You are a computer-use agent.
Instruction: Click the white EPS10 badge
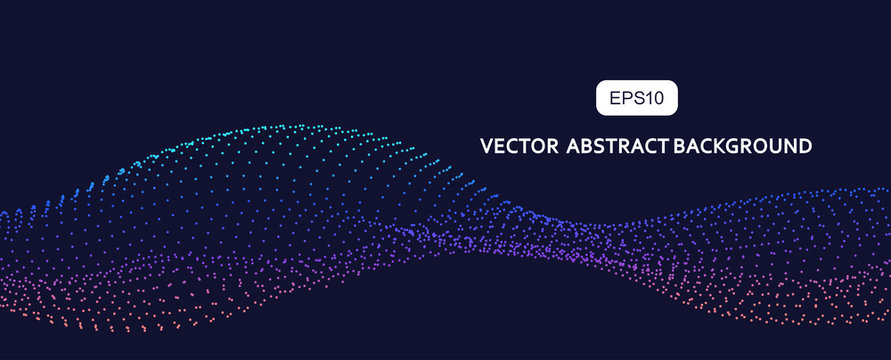[x=637, y=98]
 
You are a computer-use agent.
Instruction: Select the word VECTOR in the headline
[x=518, y=146]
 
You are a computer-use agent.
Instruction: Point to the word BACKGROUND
[x=742, y=146]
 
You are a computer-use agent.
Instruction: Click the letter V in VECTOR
[x=486, y=146]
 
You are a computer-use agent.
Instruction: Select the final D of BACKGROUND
[x=804, y=146]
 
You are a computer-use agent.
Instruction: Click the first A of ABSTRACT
[x=574, y=146]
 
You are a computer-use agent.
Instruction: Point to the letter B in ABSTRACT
[x=589, y=146]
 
